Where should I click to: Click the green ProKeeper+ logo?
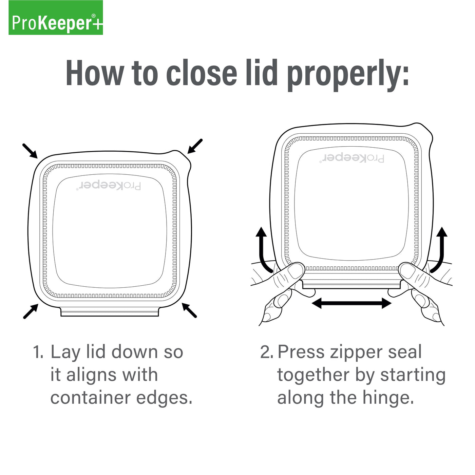click(x=56, y=18)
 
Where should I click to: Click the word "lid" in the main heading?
click(x=262, y=74)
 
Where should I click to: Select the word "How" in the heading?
click(x=95, y=74)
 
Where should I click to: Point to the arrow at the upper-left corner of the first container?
click(x=30, y=151)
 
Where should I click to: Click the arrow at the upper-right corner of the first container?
click(x=195, y=146)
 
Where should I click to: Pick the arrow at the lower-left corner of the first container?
click(x=31, y=311)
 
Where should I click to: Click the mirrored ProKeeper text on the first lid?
click(x=109, y=186)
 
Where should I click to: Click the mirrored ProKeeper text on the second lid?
click(x=351, y=158)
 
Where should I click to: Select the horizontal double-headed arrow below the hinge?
click(x=351, y=303)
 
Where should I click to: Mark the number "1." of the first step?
click(x=38, y=352)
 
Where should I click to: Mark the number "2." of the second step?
click(x=267, y=352)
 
